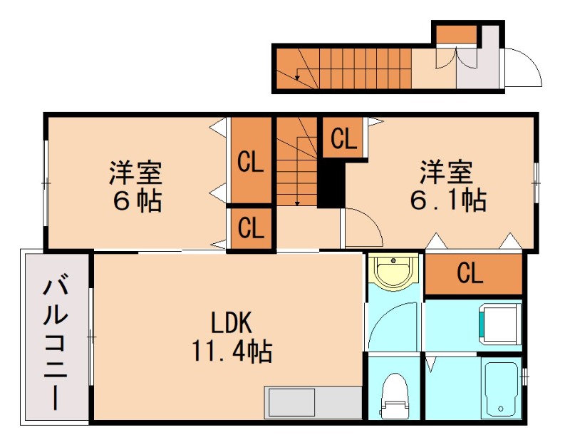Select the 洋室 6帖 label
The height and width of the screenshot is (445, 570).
click(136, 187)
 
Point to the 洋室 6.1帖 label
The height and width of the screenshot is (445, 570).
click(447, 187)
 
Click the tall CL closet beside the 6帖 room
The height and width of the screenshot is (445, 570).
click(251, 163)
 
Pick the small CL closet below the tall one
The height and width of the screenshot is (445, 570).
click(251, 229)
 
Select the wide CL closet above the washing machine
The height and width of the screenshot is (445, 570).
click(473, 273)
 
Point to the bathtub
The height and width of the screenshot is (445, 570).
click(502, 389)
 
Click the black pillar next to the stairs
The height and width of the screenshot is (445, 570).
click(330, 184)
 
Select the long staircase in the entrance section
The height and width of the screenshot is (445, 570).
click(342, 68)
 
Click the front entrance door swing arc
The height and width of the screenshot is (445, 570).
click(523, 68)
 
